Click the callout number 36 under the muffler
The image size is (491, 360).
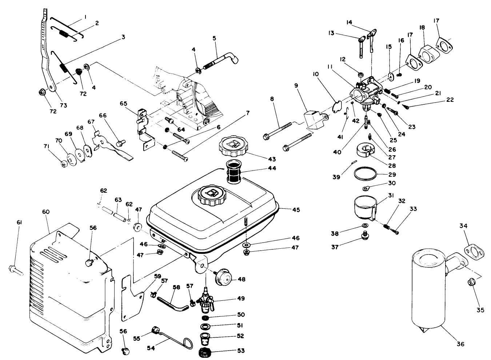point(460,344)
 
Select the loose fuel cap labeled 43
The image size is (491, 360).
point(233,147)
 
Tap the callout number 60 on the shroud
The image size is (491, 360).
point(46,212)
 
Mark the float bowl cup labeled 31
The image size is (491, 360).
point(364,207)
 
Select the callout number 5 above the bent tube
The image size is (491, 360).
point(215,38)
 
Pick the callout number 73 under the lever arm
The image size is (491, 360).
point(63,105)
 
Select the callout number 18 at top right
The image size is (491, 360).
point(422,28)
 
